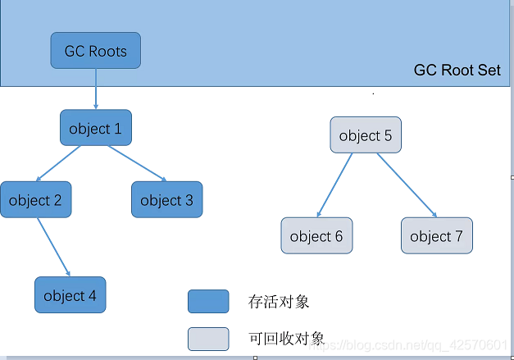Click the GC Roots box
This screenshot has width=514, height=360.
tap(96, 51)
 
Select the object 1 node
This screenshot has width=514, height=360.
tap(96, 128)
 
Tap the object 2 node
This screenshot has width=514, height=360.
tap(36, 200)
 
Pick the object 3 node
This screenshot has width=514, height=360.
tap(166, 200)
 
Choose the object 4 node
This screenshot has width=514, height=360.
tap(70, 295)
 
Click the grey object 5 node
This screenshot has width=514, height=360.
tap(366, 135)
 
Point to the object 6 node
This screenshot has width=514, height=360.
tap(316, 236)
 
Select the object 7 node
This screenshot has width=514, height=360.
tap(437, 236)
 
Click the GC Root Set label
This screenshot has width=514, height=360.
tap(457, 70)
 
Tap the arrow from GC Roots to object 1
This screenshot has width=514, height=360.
tap(96, 89)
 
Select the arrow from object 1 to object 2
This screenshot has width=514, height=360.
tap(59, 164)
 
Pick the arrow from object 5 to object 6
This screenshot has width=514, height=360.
tap(336, 185)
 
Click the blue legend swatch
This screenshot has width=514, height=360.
tap(208, 302)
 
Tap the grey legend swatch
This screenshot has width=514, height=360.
tap(208, 339)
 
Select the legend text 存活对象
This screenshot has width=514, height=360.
tap(279, 302)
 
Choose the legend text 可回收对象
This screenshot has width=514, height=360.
tap(286, 338)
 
